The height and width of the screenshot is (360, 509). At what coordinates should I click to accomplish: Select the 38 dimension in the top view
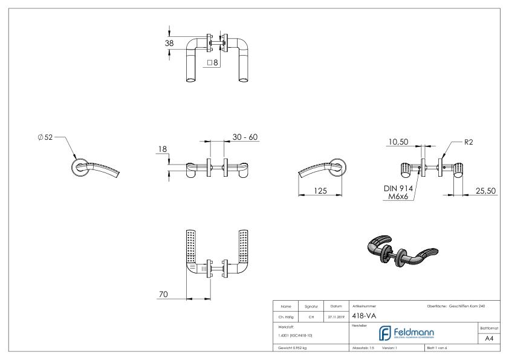[x=169, y=43]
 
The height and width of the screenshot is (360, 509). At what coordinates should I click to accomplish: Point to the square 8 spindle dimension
[x=212, y=62]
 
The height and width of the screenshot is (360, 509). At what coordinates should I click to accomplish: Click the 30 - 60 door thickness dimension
[x=245, y=137]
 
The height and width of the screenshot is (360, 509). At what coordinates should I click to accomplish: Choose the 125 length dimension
[x=320, y=191]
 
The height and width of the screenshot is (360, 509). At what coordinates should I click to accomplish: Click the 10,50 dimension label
[x=398, y=142]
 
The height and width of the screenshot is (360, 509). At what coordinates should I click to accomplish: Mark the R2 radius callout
[x=468, y=143]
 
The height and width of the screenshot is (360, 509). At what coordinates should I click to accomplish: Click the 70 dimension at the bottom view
[x=163, y=294]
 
